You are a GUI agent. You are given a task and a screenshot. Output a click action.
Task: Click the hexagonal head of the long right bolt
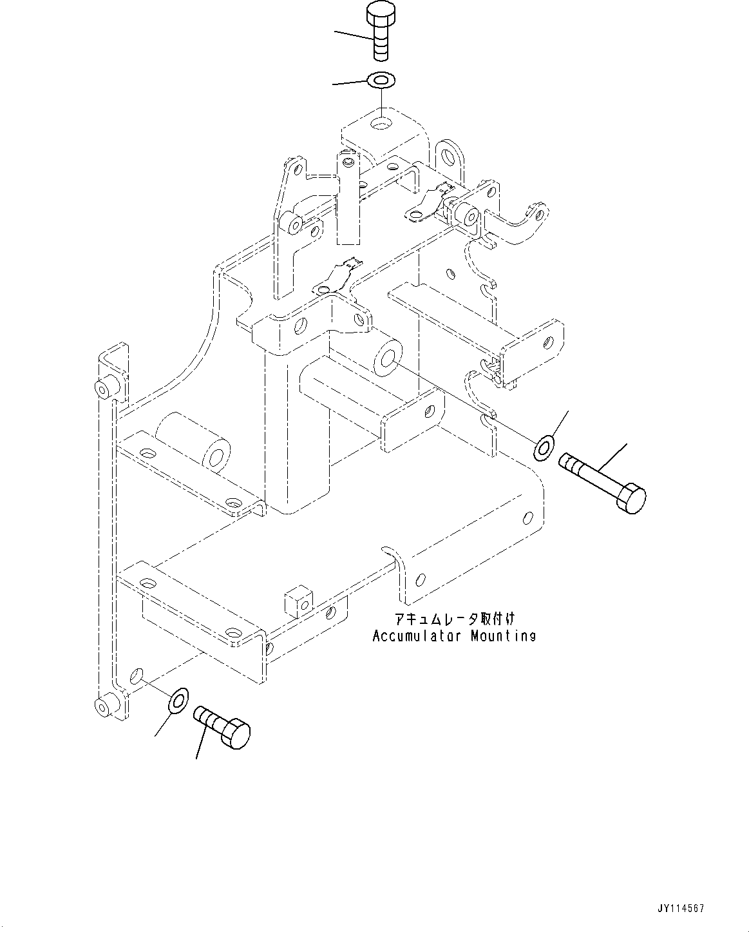tap(629, 499)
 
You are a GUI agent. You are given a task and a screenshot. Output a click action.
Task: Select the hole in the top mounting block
tap(384, 122)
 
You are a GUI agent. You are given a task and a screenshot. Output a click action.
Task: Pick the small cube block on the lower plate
tap(298, 601)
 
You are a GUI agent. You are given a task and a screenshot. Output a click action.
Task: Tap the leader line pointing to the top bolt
tap(354, 36)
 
